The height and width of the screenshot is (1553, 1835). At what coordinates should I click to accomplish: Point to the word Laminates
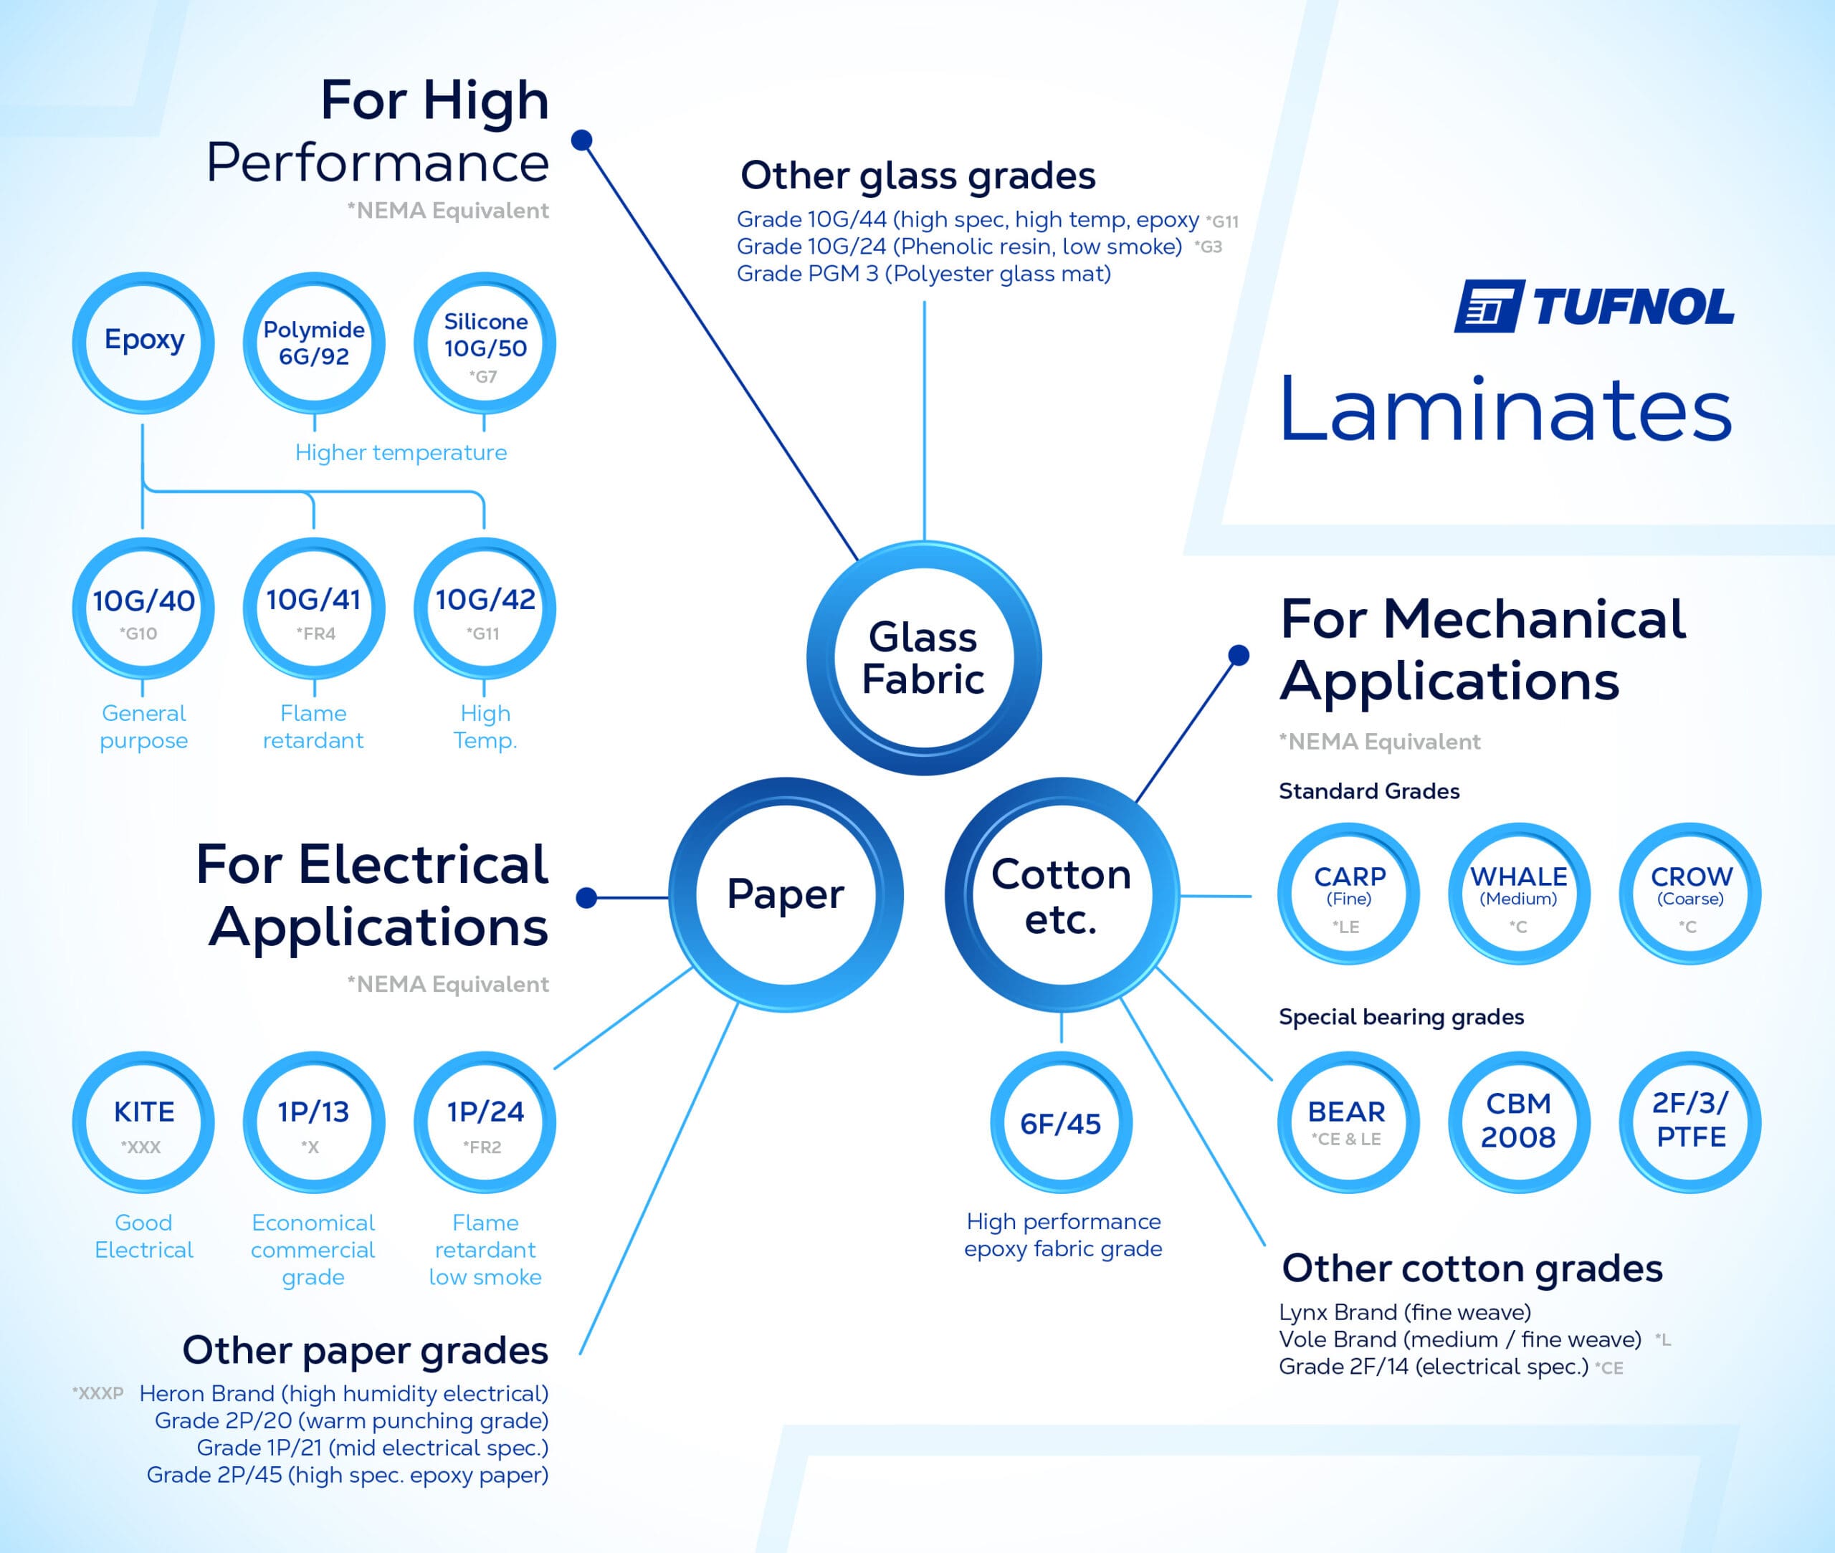pyautogui.click(x=1507, y=410)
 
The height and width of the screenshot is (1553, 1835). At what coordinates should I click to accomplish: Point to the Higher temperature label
pyautogui.click(x=401, y=452)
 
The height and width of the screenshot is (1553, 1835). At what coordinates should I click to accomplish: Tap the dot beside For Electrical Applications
pyautogui.click(x=586, y=897)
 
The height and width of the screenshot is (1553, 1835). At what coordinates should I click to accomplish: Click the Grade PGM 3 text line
pyautogui.click(x=924, y=274)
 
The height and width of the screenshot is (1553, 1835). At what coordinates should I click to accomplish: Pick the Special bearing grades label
pyautogui.click(x=1401, y=1017)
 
